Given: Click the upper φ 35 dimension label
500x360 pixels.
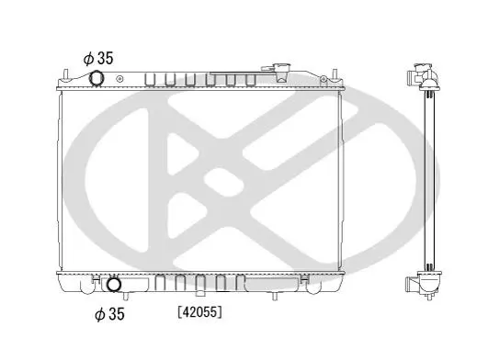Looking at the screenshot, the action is click(98, 58).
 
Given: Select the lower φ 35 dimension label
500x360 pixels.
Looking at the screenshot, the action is click(109, 314).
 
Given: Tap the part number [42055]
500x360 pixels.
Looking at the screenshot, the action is click(200, 312).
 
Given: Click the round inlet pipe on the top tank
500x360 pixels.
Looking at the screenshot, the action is click(96, 78).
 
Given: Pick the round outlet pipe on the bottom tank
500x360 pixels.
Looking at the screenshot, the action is click(114, 285).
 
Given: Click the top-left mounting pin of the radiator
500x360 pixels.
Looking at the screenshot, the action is click(65, 75).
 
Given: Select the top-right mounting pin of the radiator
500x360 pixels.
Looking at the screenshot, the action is click(335, 75).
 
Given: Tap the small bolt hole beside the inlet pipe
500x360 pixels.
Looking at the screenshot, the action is click(119, 79).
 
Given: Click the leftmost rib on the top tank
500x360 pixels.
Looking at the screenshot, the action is click(150, 80).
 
